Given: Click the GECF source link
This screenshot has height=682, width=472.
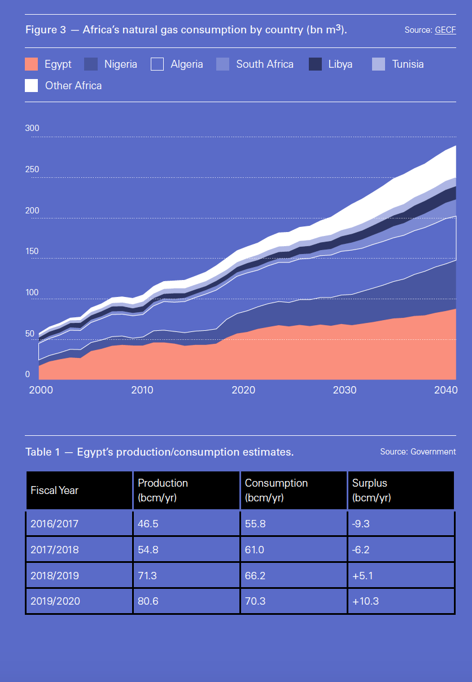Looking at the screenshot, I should pyautogui.click(x=445, y=30).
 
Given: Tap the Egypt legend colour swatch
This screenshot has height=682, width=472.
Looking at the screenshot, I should pyautogui.click(x=32, y=64).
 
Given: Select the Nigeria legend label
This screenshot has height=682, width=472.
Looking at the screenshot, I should pyautogui.click(x=120, y=64).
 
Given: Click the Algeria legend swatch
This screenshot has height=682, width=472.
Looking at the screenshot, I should pyautogui.click(x=157, y=64).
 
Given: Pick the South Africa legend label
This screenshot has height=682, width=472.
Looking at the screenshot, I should pyautogui.click(x=264, y=64).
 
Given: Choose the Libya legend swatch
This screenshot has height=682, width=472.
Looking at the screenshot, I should pyautogui.click(x=315, y=64).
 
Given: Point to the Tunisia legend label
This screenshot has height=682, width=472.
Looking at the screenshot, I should pyautogui.click(x=408, y=64).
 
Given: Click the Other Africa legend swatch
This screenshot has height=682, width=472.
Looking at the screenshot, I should pyautogui.click(x=32, y=85).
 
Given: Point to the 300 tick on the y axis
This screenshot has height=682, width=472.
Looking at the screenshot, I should pyautogui.click(x=32, y=128).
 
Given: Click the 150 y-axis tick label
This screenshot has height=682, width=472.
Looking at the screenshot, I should pyautogui.click(x=32, y=251).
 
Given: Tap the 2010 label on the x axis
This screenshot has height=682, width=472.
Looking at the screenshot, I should pyautogui.click(x=142, y=390).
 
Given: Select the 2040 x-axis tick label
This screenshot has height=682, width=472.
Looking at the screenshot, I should pyautogui.click(x=445, y=390).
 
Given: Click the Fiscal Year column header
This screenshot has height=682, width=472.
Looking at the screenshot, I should pyautogui.click(x=54, y=490).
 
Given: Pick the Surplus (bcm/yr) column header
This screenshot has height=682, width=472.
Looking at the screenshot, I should pyautogui.click(x=371, y=490).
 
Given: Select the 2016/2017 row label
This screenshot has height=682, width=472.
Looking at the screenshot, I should pyautogui.click(x=55, y=523).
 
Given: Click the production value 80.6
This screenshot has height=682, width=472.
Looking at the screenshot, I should pyautogui.click(x=148, y=601).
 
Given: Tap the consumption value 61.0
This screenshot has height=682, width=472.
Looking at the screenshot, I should pyautogui.click(x=255, y=549).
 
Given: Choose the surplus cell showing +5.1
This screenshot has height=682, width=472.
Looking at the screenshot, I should pyautogui.click(x=362, y=575).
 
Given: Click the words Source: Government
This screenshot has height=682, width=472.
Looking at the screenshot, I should pyautogui.click(x=418, y=452).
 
